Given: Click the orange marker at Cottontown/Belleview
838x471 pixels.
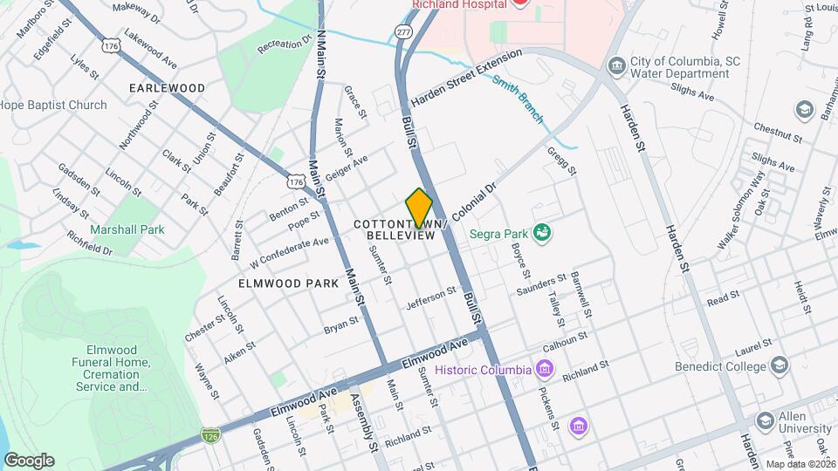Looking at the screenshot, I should (x=419, y=208).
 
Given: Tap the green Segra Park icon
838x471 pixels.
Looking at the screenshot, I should (x=542, y=232).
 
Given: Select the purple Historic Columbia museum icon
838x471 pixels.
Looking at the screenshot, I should (x=545, y=369).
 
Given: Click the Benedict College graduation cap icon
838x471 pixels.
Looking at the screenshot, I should (x=780, y=366).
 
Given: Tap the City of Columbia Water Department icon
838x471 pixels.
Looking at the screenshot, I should (x=617, y=66).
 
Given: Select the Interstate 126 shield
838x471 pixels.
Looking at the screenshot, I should (x=209, y=433).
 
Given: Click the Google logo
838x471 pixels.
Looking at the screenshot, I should (x=29, y=460).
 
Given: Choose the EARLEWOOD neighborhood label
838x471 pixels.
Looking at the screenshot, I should (x=167, y=88).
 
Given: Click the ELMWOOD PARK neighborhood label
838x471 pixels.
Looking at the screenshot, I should (x=285, y=283).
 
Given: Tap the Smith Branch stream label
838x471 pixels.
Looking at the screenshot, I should (x=518, y=98).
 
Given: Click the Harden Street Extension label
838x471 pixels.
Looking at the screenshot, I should (x=466, y=78).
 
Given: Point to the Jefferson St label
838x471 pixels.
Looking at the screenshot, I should (x=431, y=298).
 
